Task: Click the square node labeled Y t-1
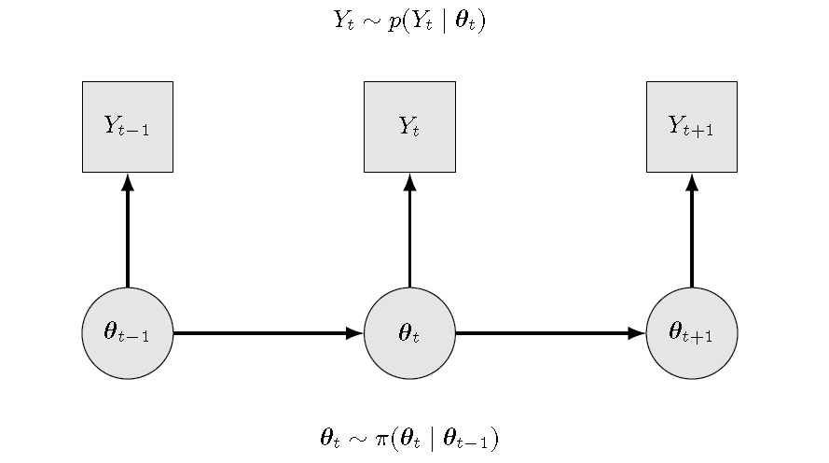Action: pyautogui.click(x=128, y=127)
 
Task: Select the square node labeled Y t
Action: pyautogui.click(x=409, y=127)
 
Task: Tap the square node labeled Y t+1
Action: pyautogui.click(x=691, y=127)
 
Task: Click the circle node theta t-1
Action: pyautogui.click(x=128, y=333)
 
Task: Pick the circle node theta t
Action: pyautogui.click(x=409, y=333)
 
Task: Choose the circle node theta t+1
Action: pyautogui.click(x=691, y=333)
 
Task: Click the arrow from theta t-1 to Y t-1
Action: pyautogui.click(x=128, y=233)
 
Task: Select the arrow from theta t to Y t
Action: pyautogui.click(x=409, y=233)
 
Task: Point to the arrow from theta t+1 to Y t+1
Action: pyautogui.click(x=691, y=233)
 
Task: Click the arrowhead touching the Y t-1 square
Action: pyautogui.click(x=128, y=182)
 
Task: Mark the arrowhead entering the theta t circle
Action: pyautogui.click(x=354, y=333)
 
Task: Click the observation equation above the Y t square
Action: pyautogui.click(x=409, y=20)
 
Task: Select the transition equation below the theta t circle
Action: pyautogui.click(x=409, y=438)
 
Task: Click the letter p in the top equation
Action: pyautogui.click(x=394, y=21)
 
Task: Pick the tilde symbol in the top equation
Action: pyautogui.click(x=373, y=21)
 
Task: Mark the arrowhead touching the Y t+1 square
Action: pyautogui.click(x=691, y=182)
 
